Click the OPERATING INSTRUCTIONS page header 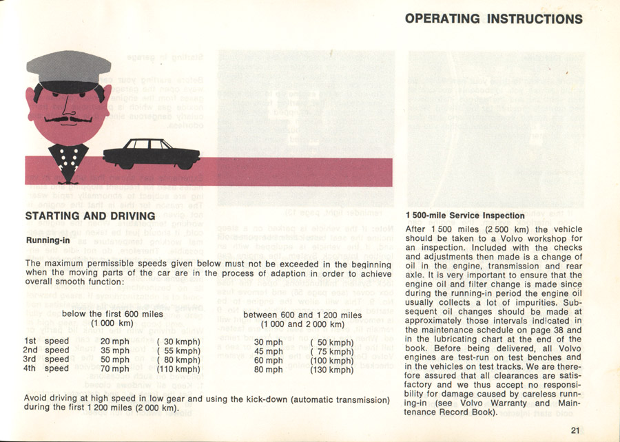click(x=504, y=19)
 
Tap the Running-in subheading click(x=50, y=241)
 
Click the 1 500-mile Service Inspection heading click(x=465, y=215)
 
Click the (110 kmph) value click(x=178, y=369)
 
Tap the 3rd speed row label click(x=47, y=359)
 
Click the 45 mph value click(x=269, y=351)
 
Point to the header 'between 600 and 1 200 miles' click(x=302, y=315)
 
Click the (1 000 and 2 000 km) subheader click(x=302, y=324)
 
